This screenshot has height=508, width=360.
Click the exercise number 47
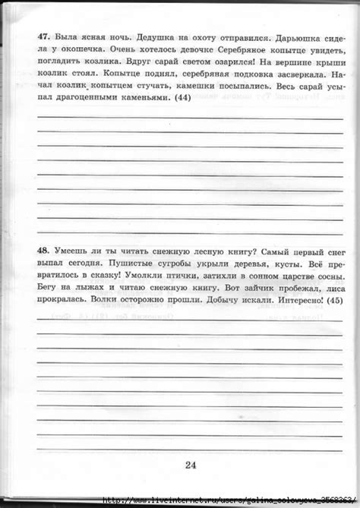pos(43,35)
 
